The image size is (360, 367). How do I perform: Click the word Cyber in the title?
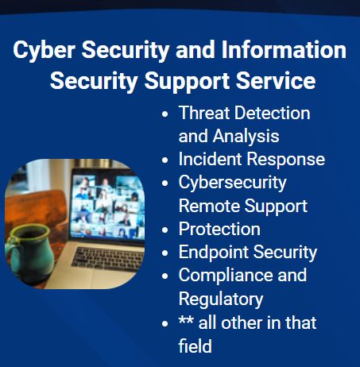click(x=45, y=50)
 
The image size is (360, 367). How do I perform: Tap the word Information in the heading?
click(x=284, y=49)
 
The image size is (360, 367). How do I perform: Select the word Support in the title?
click(x=187, y=82)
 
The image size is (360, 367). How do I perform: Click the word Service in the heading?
click(x=276, y=80)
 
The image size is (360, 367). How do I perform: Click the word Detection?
click(x=273, y=113)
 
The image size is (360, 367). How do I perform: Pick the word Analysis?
click(x=246, y=137)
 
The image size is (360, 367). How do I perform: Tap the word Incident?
click(x=210, y=159)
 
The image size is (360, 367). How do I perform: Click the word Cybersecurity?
click(x=233, y=183)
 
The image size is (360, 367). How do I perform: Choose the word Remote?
click(x=209, y=206)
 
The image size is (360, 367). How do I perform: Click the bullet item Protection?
click(x=219, y=229)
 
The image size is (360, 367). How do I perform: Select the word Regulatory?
click(x=221, y=299)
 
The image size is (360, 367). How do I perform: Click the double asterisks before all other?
click(x=186, y=320)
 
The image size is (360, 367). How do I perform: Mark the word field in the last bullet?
click(x=195, y=346)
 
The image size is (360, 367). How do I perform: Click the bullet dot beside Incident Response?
click(x=165, y=160)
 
